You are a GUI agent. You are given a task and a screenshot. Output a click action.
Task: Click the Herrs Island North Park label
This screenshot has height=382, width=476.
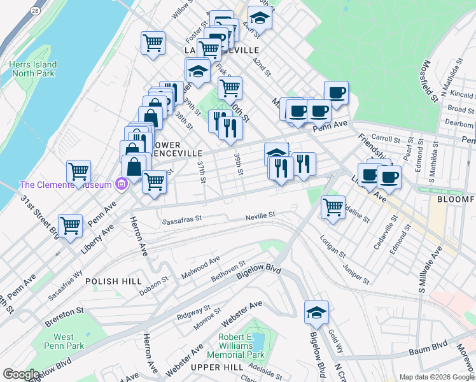pos(33,69)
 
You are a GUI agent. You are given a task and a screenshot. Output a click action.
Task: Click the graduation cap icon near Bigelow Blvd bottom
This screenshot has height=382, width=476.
pos(316,312)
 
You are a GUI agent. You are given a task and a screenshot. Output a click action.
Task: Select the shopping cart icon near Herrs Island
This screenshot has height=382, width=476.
pos(153,43)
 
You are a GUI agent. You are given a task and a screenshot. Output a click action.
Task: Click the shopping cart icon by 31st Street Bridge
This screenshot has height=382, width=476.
pos(70,224)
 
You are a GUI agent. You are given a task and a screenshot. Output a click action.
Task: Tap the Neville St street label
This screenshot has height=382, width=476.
pos(260,216)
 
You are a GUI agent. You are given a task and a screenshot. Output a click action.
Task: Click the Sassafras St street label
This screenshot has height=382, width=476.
pos(181,222)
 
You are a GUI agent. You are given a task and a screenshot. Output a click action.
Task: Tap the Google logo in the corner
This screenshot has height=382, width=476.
pos(21,374)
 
